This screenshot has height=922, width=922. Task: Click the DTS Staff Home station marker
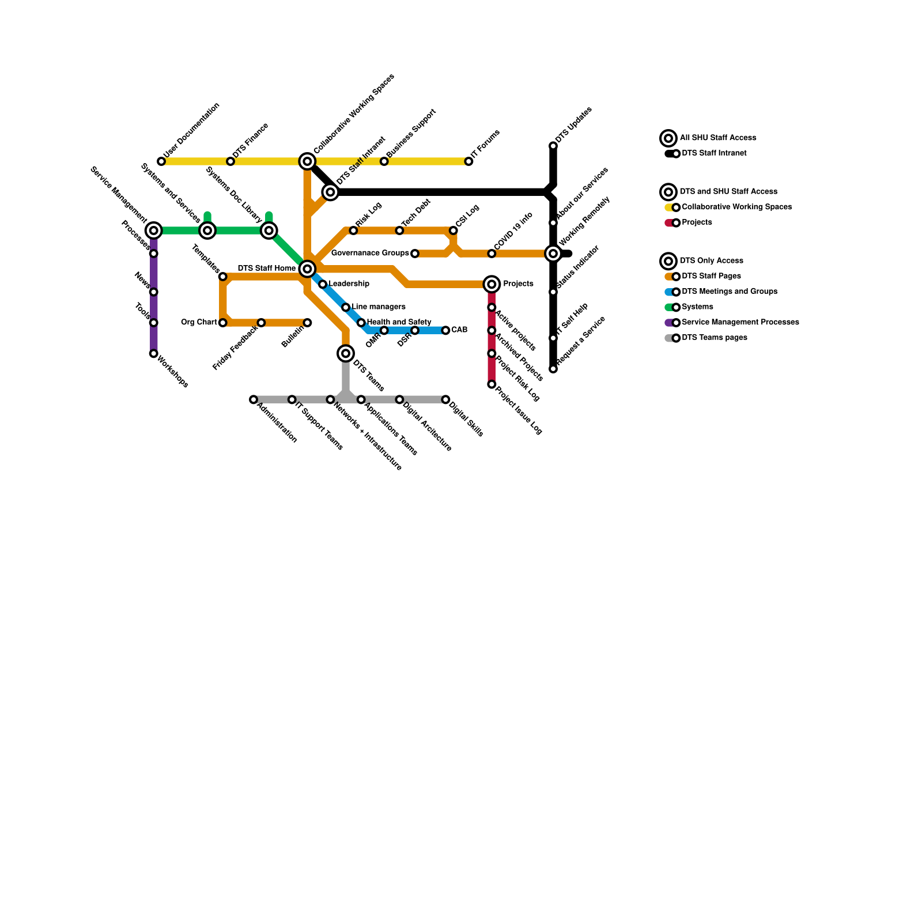[x=307, y=269]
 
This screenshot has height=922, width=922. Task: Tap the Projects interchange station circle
[x=492, y=284]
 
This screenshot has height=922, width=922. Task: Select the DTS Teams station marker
[x=346, y=353]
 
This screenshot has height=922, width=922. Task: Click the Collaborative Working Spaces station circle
[x=307, y=161]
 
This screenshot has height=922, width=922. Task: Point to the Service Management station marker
[x=153, y=231]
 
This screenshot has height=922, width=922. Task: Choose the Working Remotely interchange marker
[x=553, y=254]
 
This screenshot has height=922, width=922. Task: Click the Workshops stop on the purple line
[x=153, y=354]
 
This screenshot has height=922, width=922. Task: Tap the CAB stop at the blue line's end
[x=445, y=330]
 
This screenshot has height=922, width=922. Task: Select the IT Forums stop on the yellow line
[x=468, y=161]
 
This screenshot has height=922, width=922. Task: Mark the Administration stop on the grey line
[x=254, y=399]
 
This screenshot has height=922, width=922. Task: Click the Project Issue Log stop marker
[x=492, y=384]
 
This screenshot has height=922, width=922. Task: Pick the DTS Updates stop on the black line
[x=553, y=146]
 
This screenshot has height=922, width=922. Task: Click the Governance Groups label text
[x=370, y=254]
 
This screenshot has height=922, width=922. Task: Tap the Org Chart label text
[x=199, y=323]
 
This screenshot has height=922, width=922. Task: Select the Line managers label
[x=379, y=307]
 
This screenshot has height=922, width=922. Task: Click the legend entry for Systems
[x=697, y=307]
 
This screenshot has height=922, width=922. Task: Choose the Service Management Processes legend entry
[x=740, y=323]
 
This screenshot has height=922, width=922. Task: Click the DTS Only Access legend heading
[x=712, y=261]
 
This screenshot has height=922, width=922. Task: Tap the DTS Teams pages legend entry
[x=714, y=338]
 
